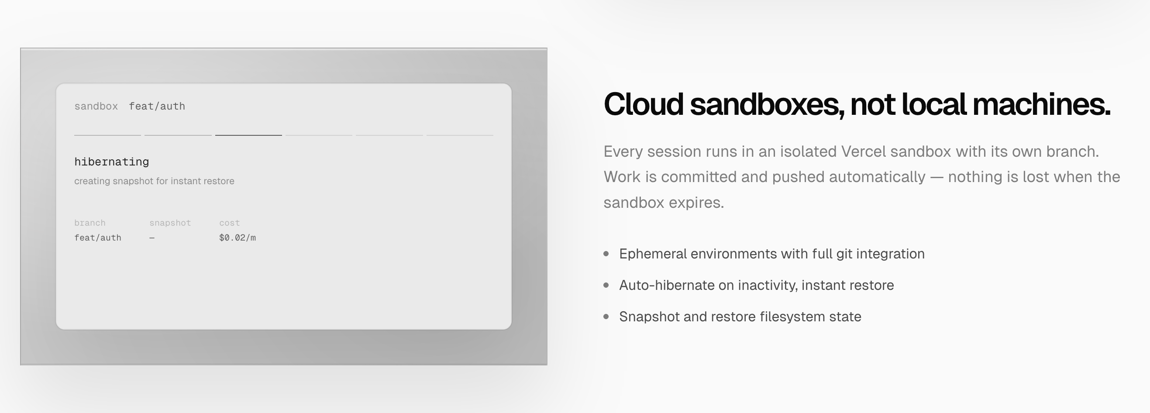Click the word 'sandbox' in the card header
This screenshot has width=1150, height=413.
point(96,106)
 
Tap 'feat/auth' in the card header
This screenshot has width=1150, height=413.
point(157,106)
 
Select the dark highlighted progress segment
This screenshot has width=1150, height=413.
point(248,135)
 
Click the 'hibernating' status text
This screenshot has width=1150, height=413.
point(112,162)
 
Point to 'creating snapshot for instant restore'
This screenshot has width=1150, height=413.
point(154,181)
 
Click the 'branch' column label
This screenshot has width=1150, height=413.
point(90,223)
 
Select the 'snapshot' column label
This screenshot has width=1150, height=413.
point(170,223)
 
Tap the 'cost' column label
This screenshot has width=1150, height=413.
point(230,223)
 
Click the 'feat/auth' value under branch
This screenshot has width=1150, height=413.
point(98,237)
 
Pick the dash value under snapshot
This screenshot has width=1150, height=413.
point(152,238)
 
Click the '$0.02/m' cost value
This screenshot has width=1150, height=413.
point(238,237)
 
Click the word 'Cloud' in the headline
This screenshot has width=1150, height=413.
point(643,104)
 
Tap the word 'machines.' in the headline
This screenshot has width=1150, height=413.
point(1042,104)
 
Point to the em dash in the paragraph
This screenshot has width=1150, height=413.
point(937,177)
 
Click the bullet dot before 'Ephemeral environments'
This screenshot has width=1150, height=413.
point(606,254)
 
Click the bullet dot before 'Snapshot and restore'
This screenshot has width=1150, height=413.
point(606,317)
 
